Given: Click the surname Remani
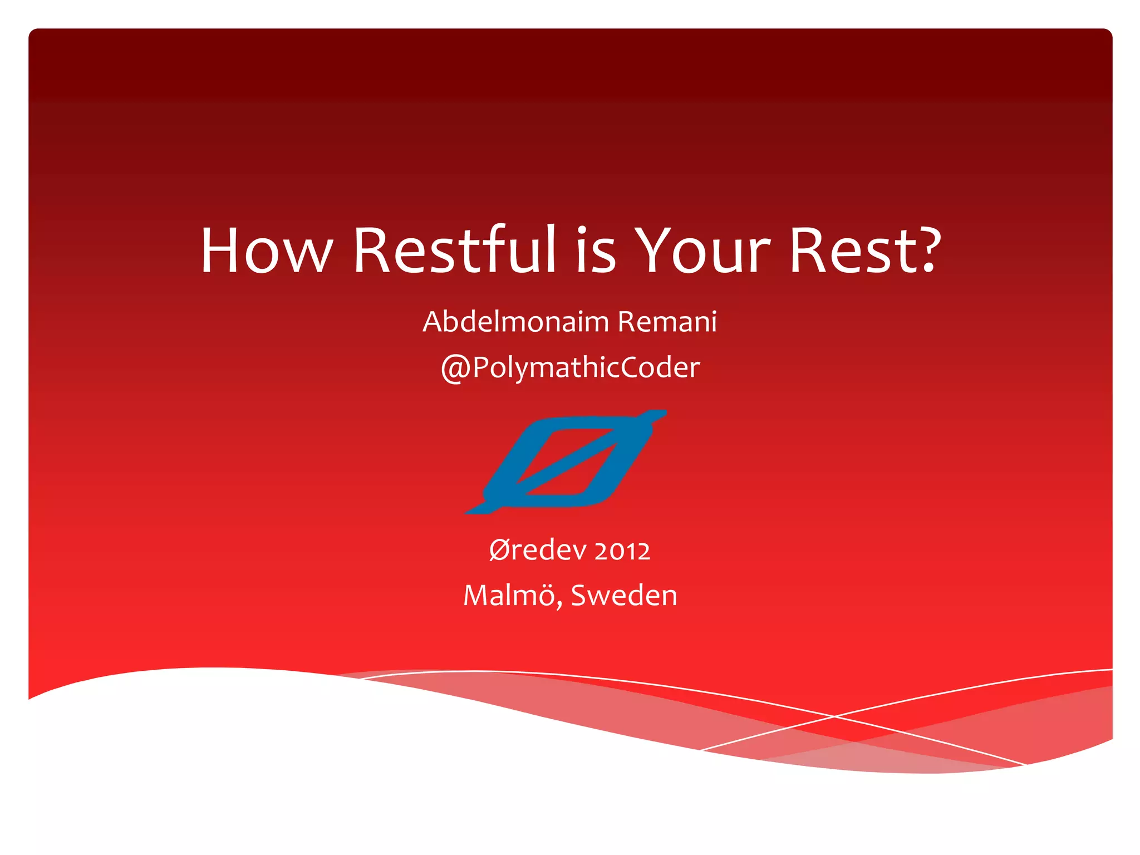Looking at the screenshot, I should click(667, 322).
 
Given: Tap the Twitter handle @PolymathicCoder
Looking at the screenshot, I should click(570, 368).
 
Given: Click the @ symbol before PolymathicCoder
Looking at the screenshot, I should click(455, 369).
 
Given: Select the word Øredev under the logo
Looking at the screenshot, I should click(538, 550).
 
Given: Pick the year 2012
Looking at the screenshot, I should click(622, 551).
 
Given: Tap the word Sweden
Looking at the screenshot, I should click(624, 595).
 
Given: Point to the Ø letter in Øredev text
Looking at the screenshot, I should click(499, 550).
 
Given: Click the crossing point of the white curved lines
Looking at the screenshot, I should click(833, 717).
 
